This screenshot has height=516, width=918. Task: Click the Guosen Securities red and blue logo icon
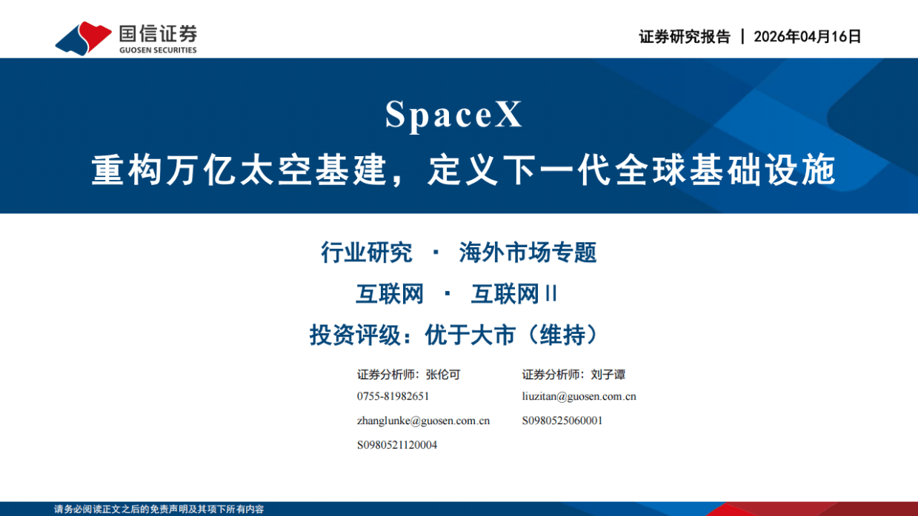pos(83,37)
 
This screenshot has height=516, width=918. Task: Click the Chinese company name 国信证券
pos(158,32)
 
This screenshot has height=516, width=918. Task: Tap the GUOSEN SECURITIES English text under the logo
pos(158,50)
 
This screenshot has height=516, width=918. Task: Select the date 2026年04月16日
pos(808,37)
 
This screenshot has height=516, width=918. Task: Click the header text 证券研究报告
pos(685,37)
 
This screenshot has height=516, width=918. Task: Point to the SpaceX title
pos(454,115)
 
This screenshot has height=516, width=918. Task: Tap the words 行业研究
pos(366,253)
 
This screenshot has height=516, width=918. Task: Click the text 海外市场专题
pos(528,253)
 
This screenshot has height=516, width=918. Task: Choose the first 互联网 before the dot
pos(390,295)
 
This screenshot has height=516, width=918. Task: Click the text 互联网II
pos(514,295)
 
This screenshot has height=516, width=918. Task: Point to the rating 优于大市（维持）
pos(511,335)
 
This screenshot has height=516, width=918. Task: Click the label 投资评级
pos(355,335)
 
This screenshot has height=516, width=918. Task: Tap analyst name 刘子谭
pos(608,375)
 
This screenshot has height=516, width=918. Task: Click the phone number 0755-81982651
pos(393,396)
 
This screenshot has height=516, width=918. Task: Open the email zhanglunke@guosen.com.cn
pos(423,420)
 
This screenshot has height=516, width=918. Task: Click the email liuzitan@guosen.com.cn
pos(579,396)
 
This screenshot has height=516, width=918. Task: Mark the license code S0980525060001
pos(562,420)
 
